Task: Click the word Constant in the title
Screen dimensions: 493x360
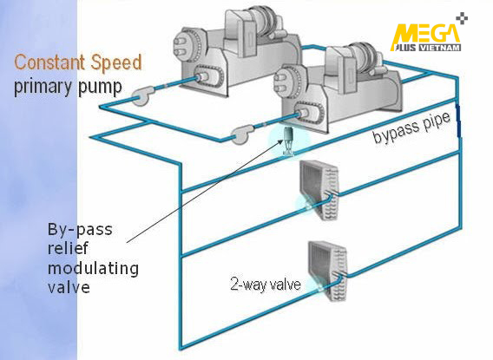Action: (x=50, y=62)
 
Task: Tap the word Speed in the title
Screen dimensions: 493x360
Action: (x=116, y=62)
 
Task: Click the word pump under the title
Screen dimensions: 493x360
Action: (x=100, y=88)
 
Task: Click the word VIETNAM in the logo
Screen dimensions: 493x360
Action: (x=440, y=48)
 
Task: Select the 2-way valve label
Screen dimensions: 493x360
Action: (x=266, y=284)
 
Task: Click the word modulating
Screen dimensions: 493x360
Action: (x=93, y=269)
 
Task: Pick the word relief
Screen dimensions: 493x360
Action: (x=69, y=248)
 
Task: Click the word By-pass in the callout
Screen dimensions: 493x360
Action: (x=80, y=230)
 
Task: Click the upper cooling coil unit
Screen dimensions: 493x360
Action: (x=319, y=189)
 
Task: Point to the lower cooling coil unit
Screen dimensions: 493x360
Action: (x=327, y=271)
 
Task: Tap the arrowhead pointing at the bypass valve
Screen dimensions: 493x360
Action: (x=280, y=141)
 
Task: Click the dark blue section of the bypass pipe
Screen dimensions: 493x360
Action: (x=458, y=121)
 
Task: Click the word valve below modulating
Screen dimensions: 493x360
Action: (x=69, y=287)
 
